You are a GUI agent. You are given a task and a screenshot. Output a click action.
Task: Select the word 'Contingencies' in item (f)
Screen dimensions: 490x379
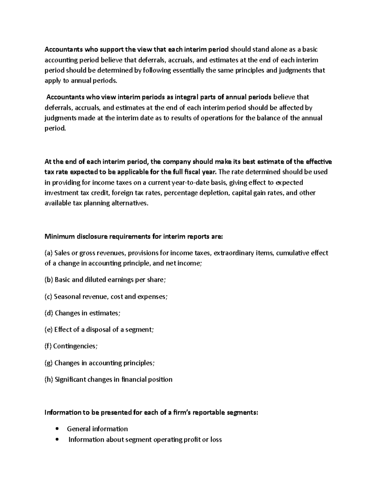coord(75,346)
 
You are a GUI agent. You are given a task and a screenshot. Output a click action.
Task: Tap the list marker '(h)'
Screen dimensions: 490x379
coord(49,379)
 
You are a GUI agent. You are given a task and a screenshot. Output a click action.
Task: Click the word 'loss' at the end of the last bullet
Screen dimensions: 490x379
coord(216,440)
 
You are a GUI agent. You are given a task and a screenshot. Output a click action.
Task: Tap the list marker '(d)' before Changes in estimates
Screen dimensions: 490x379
coord(49,313)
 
